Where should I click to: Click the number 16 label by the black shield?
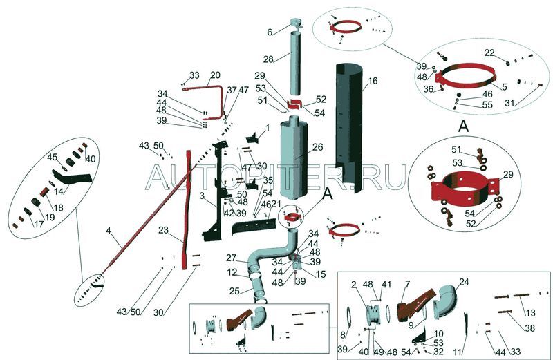point(373,82)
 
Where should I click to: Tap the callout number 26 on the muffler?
point(317,147)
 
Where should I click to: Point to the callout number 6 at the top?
point(270,32)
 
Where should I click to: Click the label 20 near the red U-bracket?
point(215,75)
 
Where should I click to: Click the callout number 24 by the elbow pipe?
point(464,281)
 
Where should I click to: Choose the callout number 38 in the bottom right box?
point(530,328)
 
